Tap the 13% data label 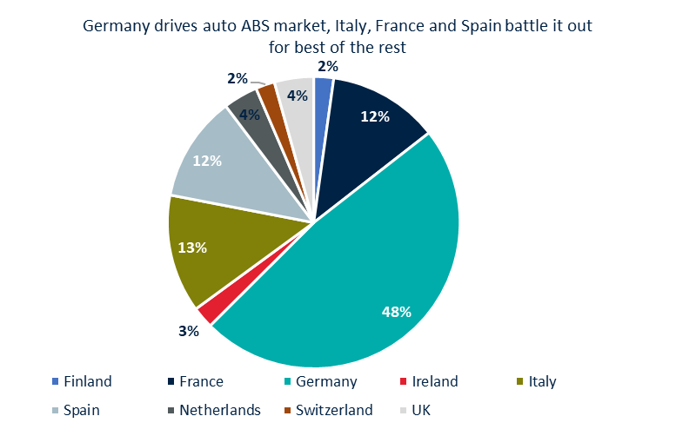point(191,248)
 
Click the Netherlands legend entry point(213,410)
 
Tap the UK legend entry point(418,410)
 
